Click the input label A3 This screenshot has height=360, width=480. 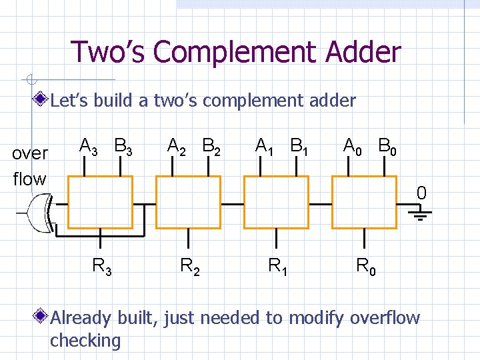(x=88, y=146)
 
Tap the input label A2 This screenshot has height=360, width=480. (x=177, y=146)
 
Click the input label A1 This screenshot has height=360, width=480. (x=264, y=146)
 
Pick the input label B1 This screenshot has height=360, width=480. (x=299, y=146)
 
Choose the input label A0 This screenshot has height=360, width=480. (x=353, y=146)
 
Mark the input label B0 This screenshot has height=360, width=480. (x=387, y=146)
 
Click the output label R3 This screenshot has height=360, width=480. (x=101, y=267)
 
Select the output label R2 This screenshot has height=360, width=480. (x=190, y=267)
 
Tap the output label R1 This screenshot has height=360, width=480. (x=278, y=267)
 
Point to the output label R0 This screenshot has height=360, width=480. (x=366, y=267)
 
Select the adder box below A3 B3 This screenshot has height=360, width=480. (x=101, y=202)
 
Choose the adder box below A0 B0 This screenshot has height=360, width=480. (x=365, y=202)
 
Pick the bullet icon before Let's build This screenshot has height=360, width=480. (x=42, y=101)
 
